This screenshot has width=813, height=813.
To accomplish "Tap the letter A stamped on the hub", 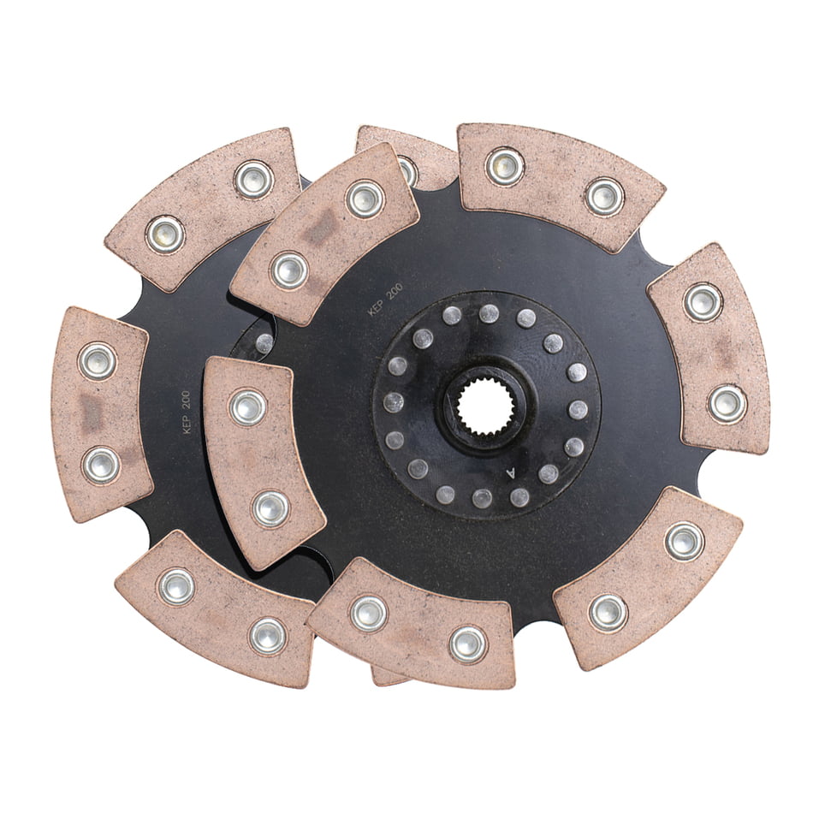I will (511, 471).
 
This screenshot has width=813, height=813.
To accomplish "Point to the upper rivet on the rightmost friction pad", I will (702, 301).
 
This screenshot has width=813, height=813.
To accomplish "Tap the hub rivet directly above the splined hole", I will (489, 313).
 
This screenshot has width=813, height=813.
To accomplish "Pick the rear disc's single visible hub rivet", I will (264, 343).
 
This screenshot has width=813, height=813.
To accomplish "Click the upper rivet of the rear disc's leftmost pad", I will (97, 361).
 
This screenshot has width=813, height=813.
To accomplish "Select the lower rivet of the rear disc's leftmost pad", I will (101, 463).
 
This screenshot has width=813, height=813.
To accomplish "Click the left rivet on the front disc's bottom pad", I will (369, 613).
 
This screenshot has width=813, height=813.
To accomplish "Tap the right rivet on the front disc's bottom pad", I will (467, 644).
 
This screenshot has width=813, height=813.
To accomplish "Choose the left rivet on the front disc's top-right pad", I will (505, 166).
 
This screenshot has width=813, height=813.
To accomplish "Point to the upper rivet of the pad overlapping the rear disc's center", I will (247, 406).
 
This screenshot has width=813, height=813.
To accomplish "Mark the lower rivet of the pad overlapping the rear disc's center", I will (270, 508).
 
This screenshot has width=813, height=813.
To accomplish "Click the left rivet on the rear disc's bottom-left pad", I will (175, 586).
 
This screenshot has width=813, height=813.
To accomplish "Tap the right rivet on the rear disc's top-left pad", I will (254, 179).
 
